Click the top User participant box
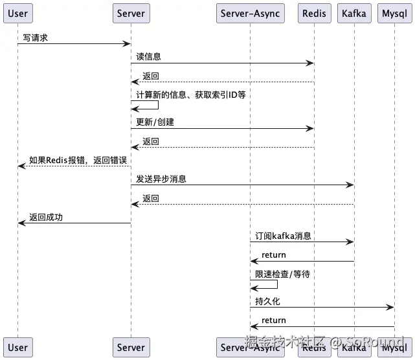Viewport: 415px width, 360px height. click(17, 13)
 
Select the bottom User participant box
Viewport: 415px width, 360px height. click(17, 347)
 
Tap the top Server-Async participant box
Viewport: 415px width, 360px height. click(250, 13)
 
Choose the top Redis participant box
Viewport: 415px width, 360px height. click(314, 13)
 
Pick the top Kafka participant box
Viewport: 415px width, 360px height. click(354, 13)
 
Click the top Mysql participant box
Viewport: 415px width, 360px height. click(394, 13)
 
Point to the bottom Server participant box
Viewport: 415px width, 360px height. click(131, 347)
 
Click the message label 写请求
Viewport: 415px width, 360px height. click(36, 38)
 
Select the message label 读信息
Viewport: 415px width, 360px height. click(148, 57)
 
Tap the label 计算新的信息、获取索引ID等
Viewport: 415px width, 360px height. click(190, 95)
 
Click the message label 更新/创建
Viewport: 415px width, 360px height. click(155, 122)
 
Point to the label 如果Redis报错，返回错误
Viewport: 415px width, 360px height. click(77, 160)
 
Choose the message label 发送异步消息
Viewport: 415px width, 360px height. click(161, 179)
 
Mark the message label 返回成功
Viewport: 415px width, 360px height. click(45, 217)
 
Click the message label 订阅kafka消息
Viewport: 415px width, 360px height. click(283, 236)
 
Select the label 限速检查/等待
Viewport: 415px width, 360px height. click(282, 274)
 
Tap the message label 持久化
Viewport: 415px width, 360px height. click(267, 302)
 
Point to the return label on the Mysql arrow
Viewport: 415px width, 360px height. click(273, 320)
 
